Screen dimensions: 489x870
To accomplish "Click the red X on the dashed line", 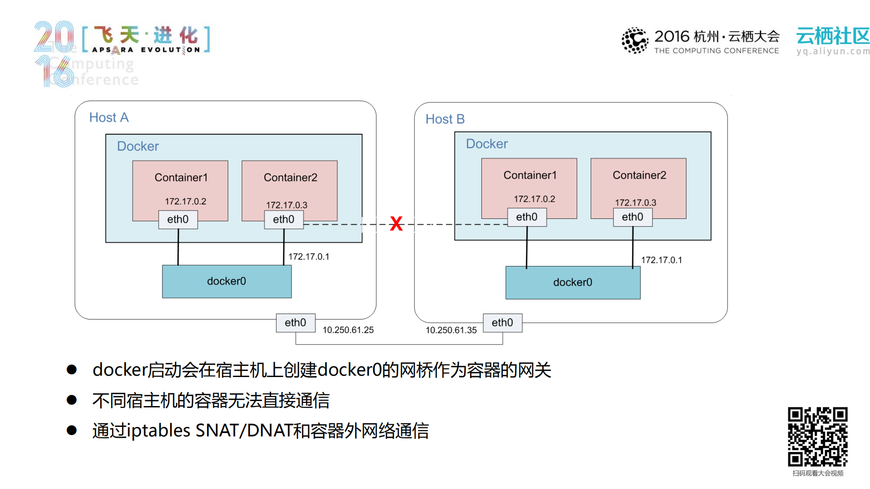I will click(396, 223).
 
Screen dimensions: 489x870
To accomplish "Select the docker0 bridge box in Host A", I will click(227, 281).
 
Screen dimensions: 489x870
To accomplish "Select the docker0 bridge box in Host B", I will click(573, 283).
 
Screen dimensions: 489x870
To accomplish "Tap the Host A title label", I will click(109, 118).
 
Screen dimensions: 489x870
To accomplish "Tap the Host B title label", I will click(445, 119).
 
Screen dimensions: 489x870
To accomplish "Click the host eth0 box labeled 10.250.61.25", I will click(296, 323).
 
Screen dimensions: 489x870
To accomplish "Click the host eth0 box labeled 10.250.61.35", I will click(502, 323).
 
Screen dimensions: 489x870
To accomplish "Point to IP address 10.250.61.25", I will click(348, 330).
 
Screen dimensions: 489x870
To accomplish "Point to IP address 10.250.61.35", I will click(451, 330).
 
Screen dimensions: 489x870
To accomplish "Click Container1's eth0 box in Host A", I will click(178, 219).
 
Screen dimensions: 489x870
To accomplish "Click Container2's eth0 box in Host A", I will click(284, 219).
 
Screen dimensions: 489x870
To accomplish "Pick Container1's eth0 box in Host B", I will click(527, 217).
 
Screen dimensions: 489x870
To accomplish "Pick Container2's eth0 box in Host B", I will click(632, 217).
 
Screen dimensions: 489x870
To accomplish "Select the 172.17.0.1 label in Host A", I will click(309, 257).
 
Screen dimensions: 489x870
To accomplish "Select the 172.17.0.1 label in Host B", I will click(661, 260).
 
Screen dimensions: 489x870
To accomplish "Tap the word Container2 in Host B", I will click(639, 175).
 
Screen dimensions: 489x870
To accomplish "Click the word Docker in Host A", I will click(138, 146).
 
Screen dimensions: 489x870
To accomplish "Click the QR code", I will click(817, 436).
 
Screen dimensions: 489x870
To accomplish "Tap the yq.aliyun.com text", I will click(833, 51).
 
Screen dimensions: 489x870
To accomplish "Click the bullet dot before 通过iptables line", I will click(72, 430).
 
